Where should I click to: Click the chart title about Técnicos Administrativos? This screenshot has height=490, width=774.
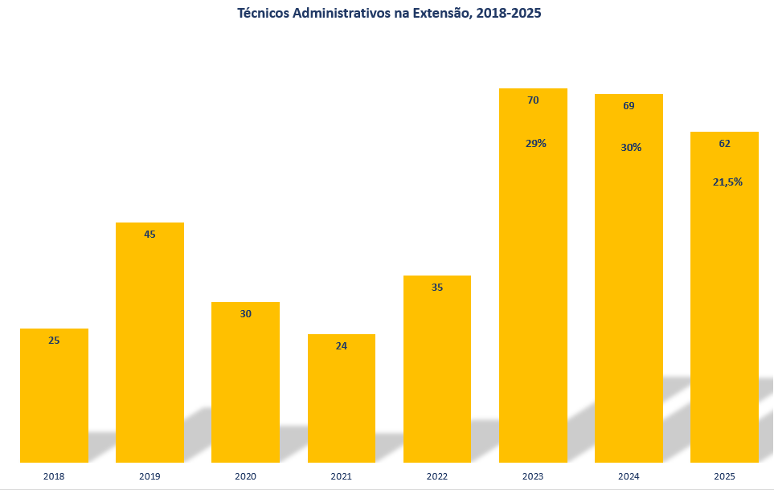coord(389,14)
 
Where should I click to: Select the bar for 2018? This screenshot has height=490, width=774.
coord(55,395)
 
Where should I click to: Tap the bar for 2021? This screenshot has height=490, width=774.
coord(342,398)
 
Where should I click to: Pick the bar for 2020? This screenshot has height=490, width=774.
coord(245,382)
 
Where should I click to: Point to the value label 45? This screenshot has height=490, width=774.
coord(149,235)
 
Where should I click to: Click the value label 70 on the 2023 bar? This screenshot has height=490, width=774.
coord(533,100)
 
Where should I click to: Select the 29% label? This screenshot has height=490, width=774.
coord(535,144)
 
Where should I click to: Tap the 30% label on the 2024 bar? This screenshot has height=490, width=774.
coord(631,148)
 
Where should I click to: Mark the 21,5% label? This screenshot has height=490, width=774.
coord(727,182)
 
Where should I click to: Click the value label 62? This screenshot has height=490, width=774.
coord(725,144)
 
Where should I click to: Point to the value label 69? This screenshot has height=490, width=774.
coord(629,105)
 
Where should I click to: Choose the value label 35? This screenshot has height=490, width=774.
coord(437,288)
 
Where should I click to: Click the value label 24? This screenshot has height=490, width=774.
coord(341,346)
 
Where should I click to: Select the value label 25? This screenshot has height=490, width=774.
coord(54,340)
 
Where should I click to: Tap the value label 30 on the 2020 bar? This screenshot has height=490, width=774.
coord(245,314)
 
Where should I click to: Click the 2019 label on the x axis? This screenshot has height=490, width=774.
coord(149,476)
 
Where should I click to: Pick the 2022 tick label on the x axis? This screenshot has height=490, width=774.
coord(437,476)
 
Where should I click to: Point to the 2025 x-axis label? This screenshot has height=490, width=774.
coord(724,476)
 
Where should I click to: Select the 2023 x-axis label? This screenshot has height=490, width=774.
coord(533,476)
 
